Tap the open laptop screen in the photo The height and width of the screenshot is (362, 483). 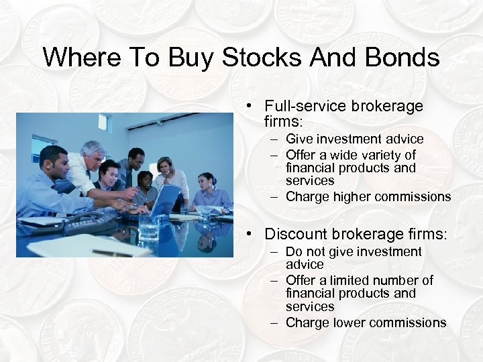(166, 200)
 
